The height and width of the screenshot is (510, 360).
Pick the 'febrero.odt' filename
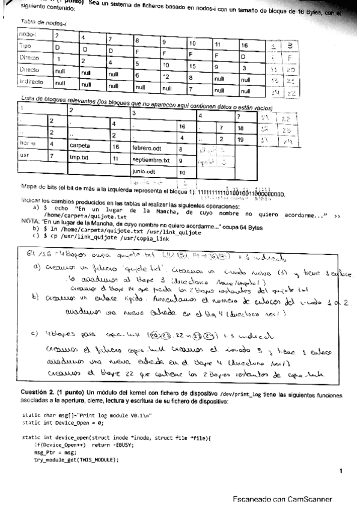[147, 147]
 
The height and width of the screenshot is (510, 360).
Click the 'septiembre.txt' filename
[151, 161]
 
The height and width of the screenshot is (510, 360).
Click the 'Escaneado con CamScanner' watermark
[281, 499]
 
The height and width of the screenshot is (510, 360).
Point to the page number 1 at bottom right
[340, 471]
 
